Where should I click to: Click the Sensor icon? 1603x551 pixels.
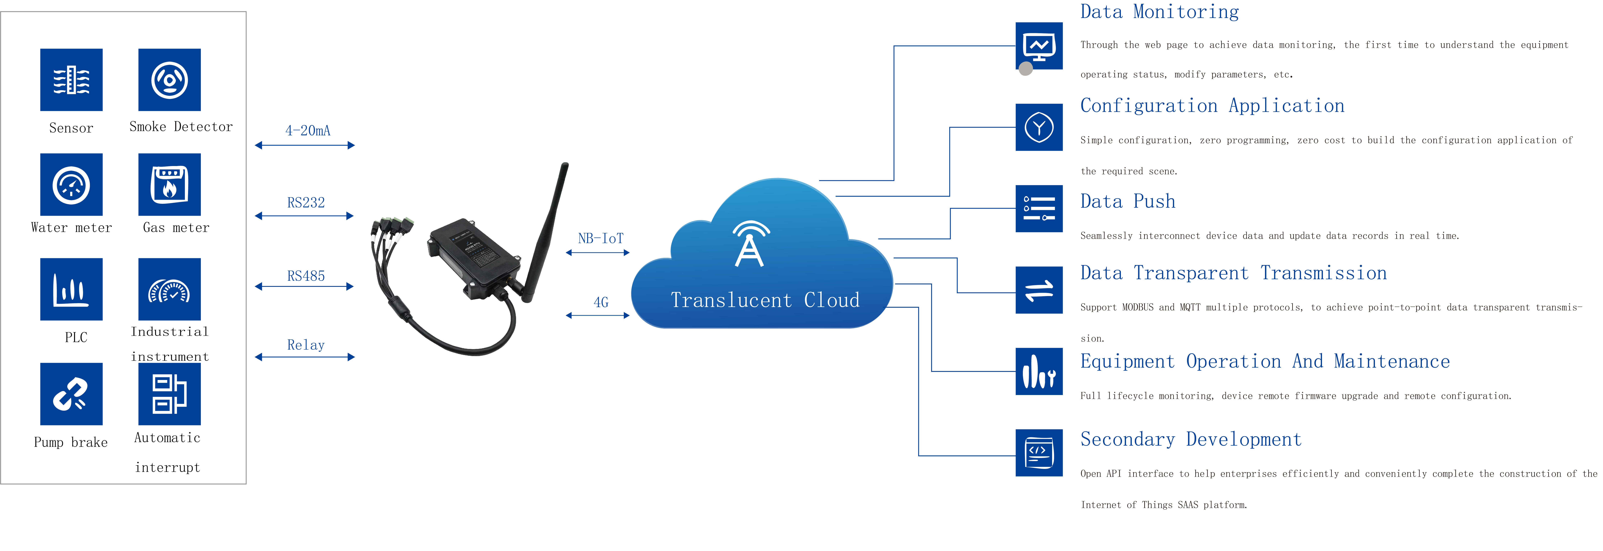(71, 80)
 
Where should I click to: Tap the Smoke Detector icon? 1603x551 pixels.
(169, 80)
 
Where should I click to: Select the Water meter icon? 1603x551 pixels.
(71, 185)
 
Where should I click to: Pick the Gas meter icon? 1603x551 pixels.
(169, 185)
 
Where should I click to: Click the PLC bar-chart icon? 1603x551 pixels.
(71, 289)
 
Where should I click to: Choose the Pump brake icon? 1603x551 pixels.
(71, 394)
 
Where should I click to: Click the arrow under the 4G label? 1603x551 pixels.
(597, 315)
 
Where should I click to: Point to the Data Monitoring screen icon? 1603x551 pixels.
(1039, 47)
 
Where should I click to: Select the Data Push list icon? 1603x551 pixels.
(1039, 208)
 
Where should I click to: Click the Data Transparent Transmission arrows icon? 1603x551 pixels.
(1039, 290)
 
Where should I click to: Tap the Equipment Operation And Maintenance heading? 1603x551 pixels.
(1265, 361)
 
